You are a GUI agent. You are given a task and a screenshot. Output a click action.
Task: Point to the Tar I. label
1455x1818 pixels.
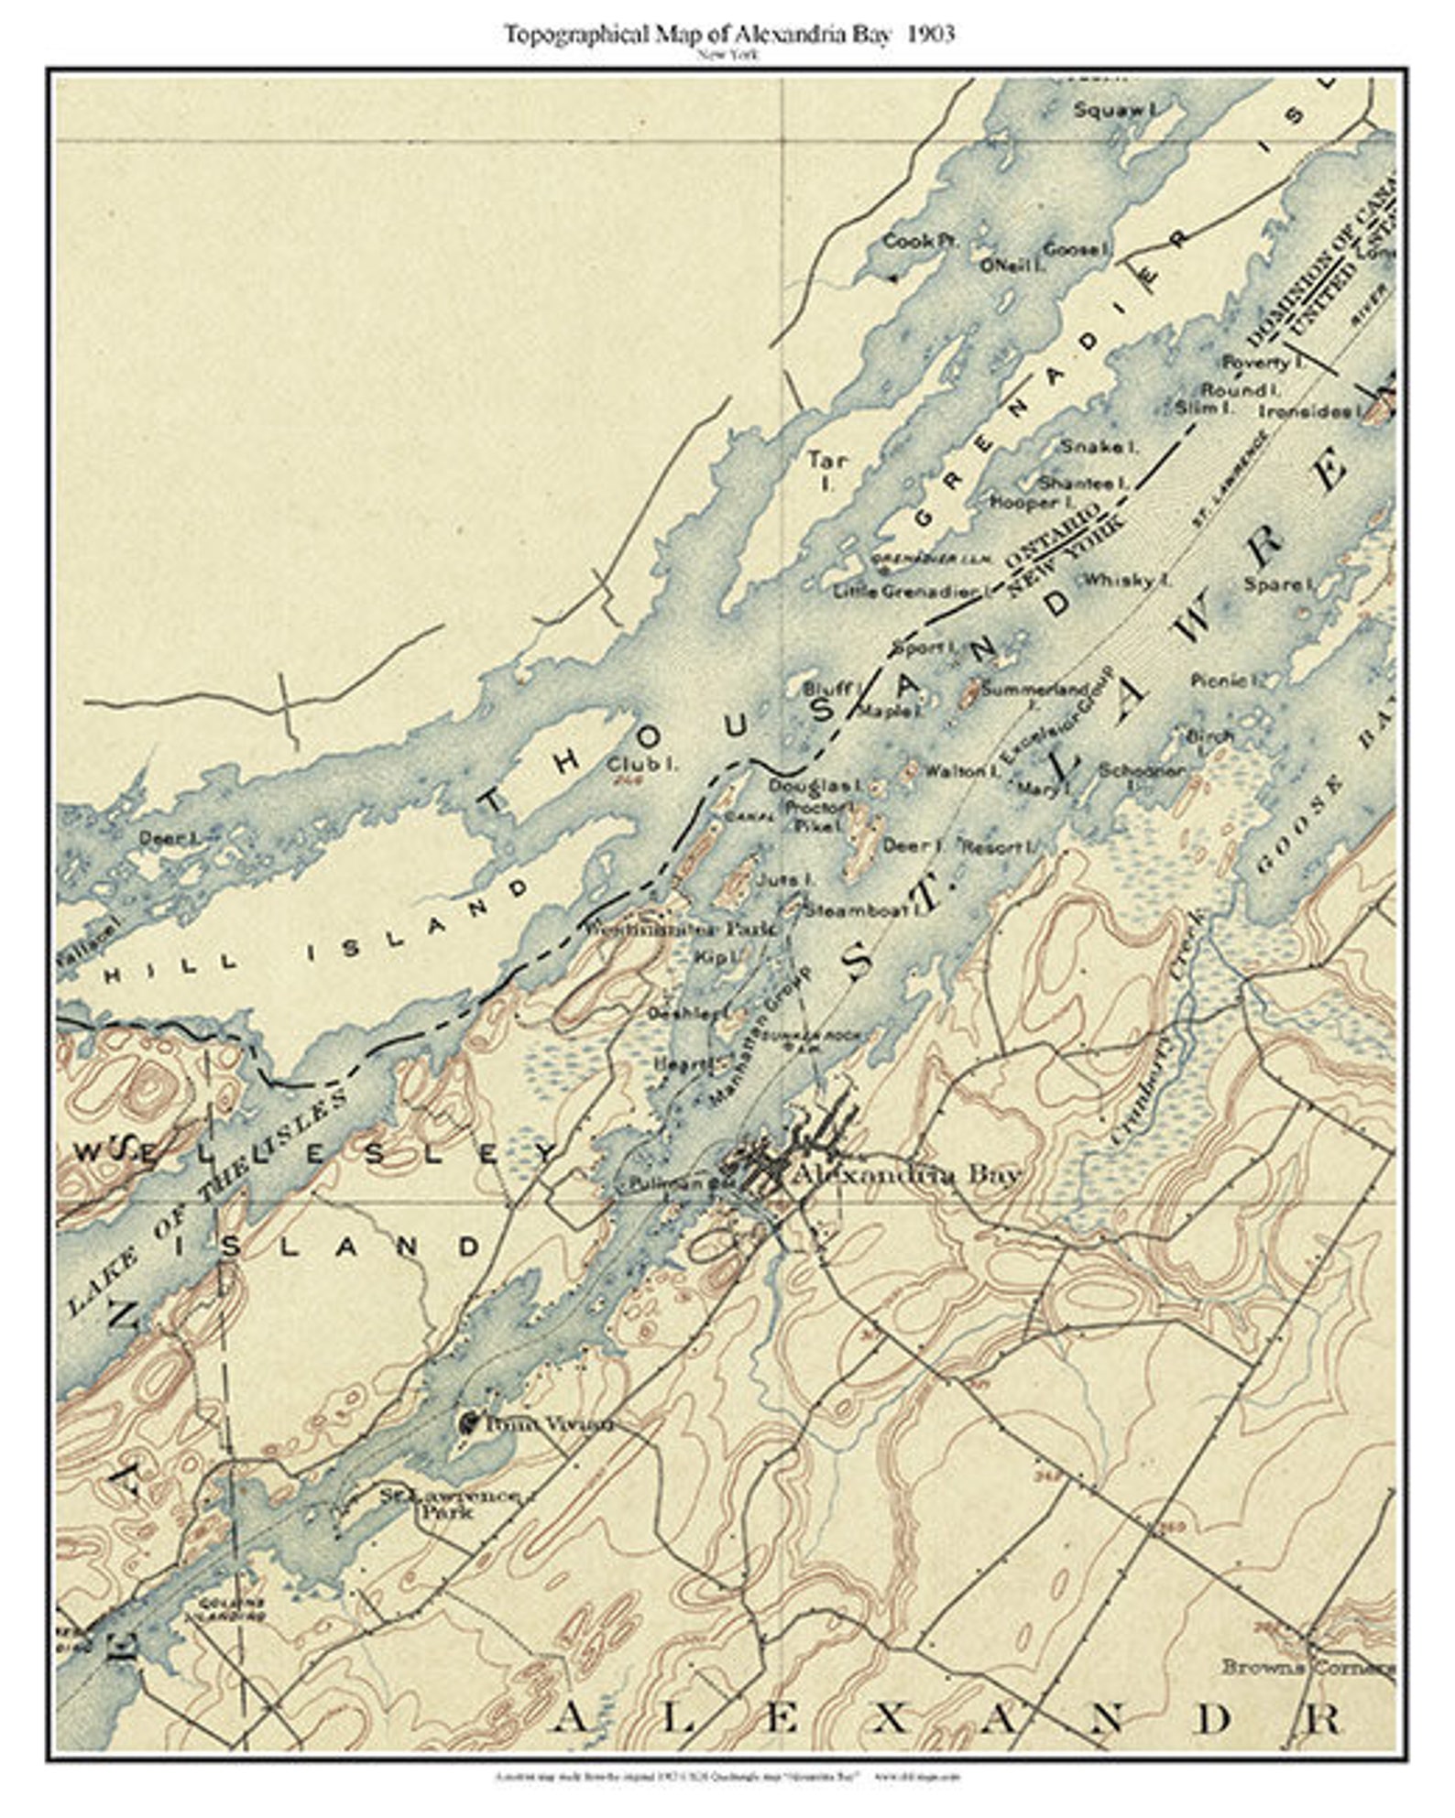(827, 470)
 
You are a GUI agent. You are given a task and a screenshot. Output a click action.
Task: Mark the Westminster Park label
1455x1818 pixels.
(682, 928)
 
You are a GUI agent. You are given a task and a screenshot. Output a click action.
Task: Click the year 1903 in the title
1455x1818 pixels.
(931, 35)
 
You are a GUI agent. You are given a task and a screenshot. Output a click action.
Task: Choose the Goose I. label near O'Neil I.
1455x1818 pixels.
(1078, 249)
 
